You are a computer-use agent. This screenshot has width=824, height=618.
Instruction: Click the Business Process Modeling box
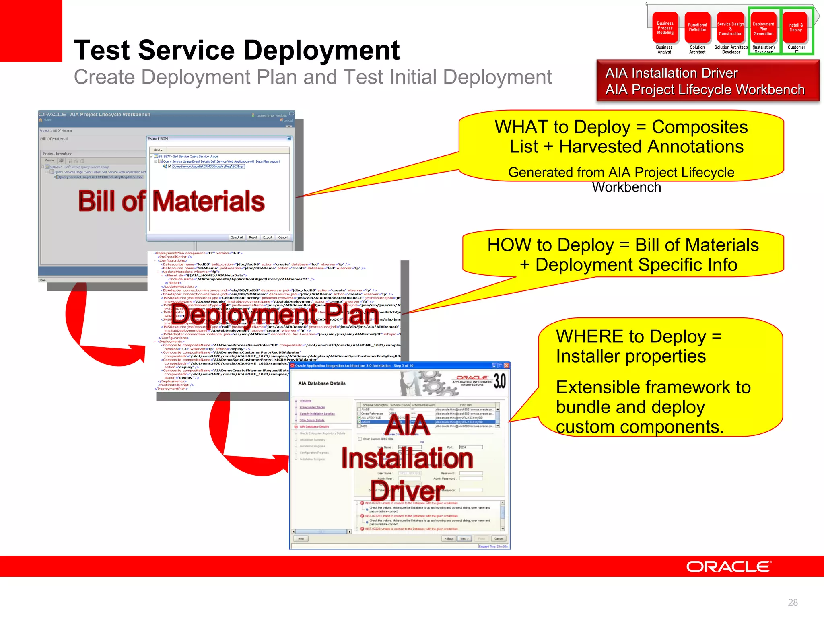(665, 28)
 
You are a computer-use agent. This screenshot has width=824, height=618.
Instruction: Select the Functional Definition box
(697, 28)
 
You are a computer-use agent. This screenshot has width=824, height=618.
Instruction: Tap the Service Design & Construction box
(730, 29)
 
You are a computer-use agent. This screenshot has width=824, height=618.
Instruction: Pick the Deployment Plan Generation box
(763, 29)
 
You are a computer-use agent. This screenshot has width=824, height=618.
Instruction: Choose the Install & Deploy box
(795, 28)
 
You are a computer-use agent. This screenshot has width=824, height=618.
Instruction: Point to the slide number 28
(793, 602)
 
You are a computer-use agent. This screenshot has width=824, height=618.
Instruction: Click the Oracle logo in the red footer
(729, 566)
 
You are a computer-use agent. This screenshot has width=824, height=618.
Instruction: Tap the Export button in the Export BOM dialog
(268, 237)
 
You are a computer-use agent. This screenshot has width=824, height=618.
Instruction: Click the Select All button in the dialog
(237, 237)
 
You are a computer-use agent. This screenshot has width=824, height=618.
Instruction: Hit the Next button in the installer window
(464, 538)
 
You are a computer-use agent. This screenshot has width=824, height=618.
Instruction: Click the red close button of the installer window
(507, 365)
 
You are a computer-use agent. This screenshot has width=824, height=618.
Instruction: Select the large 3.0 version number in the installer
(499, 381)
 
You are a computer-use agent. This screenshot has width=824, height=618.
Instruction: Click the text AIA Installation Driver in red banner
(672, 73)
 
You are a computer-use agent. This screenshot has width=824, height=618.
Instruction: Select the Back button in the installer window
(449, 538)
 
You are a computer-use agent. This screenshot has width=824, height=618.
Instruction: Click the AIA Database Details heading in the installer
(322, 383)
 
